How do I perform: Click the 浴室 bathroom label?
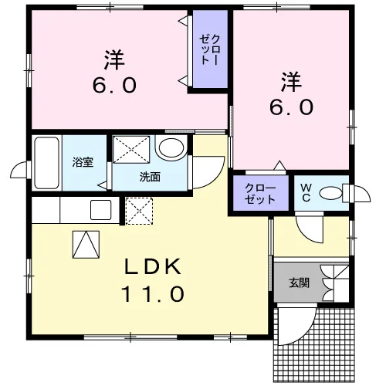pos(83,162)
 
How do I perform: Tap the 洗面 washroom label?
pos(150,177)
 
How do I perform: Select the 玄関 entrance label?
pos(299,283)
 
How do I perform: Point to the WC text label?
pos(306,194)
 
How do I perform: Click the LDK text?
pos(153,266)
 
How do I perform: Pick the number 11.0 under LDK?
pos(153,294)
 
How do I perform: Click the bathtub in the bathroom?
pos(46,163)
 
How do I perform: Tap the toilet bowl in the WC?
pos(330,193)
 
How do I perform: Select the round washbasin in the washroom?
pos(171,147)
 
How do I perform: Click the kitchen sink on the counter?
pos(100,210)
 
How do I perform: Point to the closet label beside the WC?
pos(260,194)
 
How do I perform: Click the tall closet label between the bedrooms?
pos(210,49)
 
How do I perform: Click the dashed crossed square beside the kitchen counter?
pos(139,211)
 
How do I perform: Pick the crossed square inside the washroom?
pos(131,150)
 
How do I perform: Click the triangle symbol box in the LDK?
pos(86,245)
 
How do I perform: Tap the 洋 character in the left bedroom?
pos(114,60)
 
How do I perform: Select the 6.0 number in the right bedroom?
pos(291,107)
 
